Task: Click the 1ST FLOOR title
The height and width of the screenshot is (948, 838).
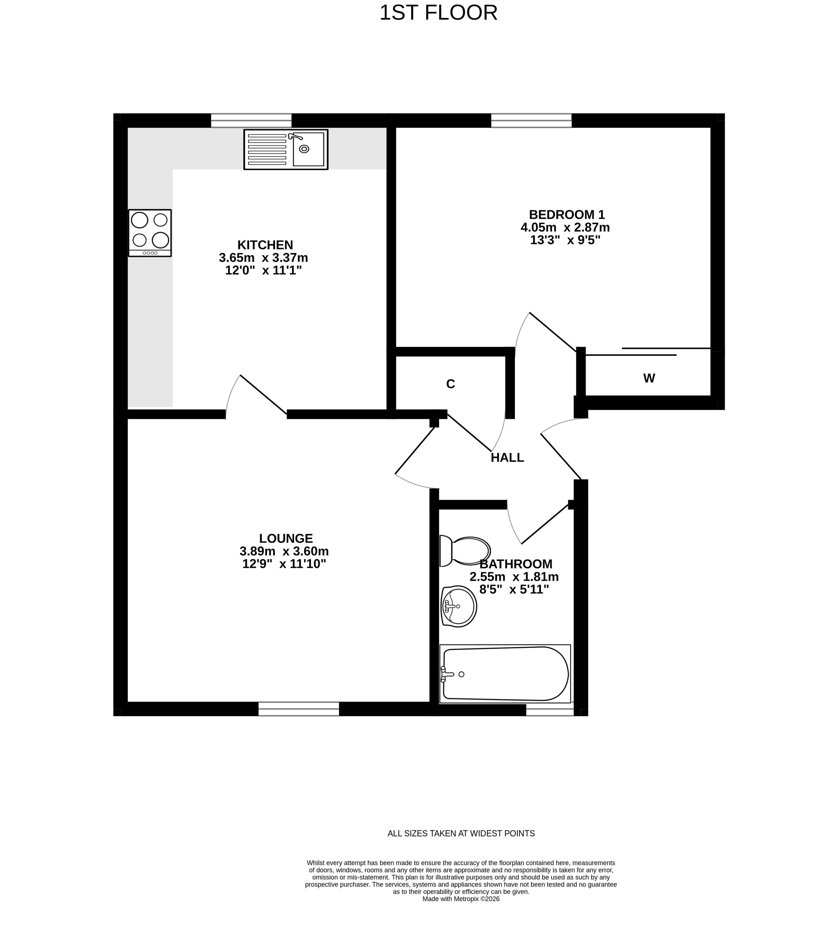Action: [438, 13]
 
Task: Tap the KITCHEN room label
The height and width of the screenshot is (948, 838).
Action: [265, 245]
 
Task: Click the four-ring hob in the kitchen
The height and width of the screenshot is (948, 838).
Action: [150, 233]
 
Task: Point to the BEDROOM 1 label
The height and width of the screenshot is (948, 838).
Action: [567, 215]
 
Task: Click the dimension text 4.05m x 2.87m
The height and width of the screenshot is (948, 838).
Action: [565, 228]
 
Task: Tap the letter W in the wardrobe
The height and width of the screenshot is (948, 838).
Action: [649, 378]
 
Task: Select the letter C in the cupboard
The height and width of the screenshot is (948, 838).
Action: [450, 384]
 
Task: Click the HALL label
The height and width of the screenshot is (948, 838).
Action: [507, 458]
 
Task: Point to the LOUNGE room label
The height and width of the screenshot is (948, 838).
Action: [286, 538]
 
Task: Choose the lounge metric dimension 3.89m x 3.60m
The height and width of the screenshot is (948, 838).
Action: [284, 551]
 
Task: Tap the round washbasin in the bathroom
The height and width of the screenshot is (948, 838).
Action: [459, 606]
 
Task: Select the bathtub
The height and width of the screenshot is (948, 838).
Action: [505, 674]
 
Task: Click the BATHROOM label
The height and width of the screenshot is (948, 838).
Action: [516, 564]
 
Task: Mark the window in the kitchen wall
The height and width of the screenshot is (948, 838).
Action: [251, 121]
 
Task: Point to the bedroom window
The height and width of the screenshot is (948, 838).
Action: [532, 121]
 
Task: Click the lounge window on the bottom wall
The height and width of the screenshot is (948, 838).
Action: [298, 709]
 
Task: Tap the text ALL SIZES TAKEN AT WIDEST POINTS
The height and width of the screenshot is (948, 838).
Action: [461, 834]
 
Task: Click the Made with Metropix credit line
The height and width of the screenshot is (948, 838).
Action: [461, 912]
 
